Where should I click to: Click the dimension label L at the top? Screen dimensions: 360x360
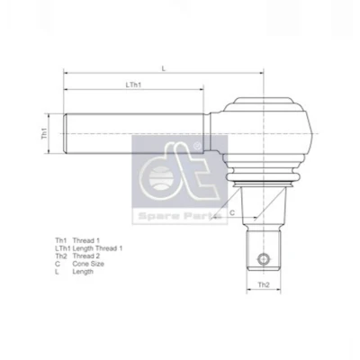164,68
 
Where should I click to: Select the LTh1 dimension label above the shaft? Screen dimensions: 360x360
133,85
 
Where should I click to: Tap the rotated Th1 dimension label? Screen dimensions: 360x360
44,133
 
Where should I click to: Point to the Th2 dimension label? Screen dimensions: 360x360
264,284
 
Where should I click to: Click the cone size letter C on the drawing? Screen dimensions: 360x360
232,212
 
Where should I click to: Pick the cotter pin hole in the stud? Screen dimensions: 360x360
264,258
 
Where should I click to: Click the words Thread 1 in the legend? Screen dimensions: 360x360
86,240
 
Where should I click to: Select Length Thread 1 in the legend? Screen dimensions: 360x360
97,248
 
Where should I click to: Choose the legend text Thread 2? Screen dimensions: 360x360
86,256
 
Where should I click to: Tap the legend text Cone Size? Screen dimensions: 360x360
88,264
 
